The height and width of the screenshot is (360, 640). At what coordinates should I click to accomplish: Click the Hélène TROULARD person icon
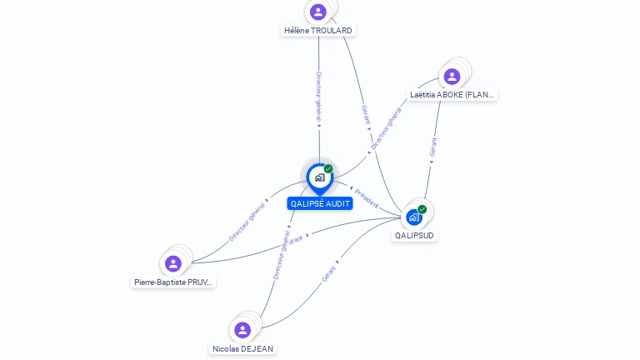click(317, 12)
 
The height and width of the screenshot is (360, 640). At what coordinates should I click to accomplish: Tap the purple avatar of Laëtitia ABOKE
click(452, 77)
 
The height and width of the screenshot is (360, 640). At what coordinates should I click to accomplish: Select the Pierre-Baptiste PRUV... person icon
click(173, 264)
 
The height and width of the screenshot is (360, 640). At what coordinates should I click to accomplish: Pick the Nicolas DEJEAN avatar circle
click(242, 330)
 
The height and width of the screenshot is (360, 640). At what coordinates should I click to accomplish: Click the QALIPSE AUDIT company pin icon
click(319, 177)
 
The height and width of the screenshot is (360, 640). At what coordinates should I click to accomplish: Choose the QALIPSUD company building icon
click(414, 217)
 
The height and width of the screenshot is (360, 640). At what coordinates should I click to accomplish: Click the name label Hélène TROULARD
click(318, 31)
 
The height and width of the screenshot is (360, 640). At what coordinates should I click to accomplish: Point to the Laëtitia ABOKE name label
click(452, 95)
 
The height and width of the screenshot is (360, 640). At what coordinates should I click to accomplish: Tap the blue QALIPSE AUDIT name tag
click(320, 203)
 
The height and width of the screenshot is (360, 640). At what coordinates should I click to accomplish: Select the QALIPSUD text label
click(415, 236)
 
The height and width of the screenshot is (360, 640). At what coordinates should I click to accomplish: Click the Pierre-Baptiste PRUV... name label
click(174, 282)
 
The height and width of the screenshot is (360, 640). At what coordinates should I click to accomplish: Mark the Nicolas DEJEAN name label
click(242, 348)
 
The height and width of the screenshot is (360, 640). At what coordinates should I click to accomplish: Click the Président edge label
click(367, 197)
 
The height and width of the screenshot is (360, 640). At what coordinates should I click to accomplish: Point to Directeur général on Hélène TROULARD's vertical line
click(318, 97)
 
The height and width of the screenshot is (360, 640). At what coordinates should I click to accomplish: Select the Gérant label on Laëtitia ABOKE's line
click(432, 147)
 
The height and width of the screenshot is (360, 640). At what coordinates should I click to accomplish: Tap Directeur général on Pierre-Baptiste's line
click(247, 222)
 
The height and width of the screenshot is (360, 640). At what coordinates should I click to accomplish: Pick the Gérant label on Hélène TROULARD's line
click(366, 114)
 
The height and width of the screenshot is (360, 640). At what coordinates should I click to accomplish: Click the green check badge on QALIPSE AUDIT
click(328, 169)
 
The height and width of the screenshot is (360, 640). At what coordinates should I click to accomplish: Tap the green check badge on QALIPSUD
click(422, 209)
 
